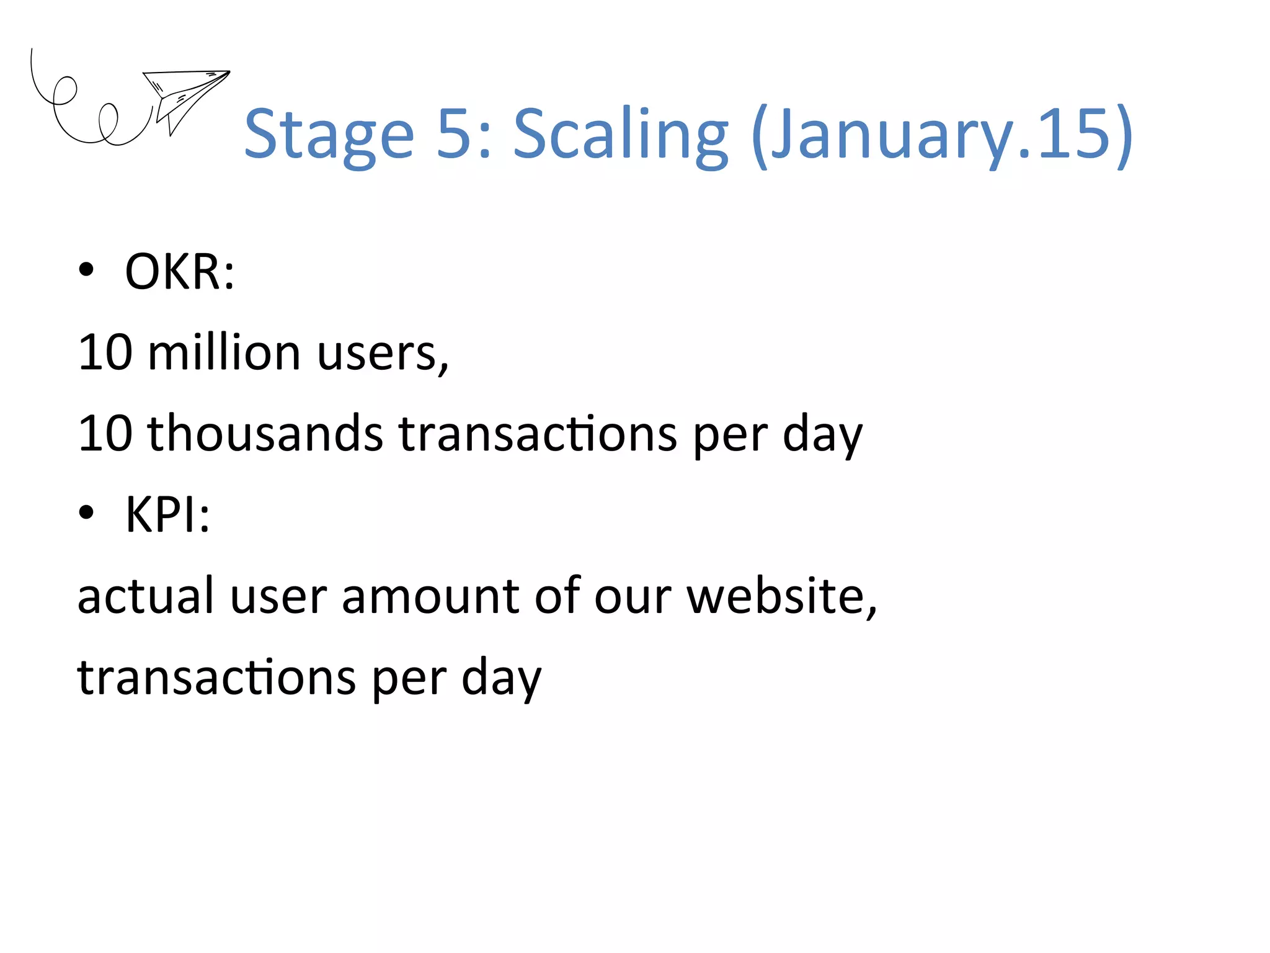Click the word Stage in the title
(329, 135)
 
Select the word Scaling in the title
(621, 135)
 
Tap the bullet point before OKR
(86, 270)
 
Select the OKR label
(179, 271)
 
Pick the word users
(382, 353)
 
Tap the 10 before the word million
(105, 352)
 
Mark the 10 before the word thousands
(105, 433)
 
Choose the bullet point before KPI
(86, 513)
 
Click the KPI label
(167, 514)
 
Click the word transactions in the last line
(216, 677)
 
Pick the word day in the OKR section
(822, 435)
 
